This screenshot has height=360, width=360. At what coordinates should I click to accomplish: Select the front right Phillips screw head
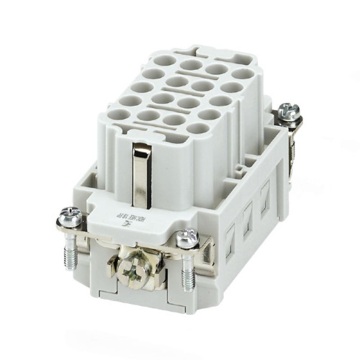pyautogui.click(x=188, y=237)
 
